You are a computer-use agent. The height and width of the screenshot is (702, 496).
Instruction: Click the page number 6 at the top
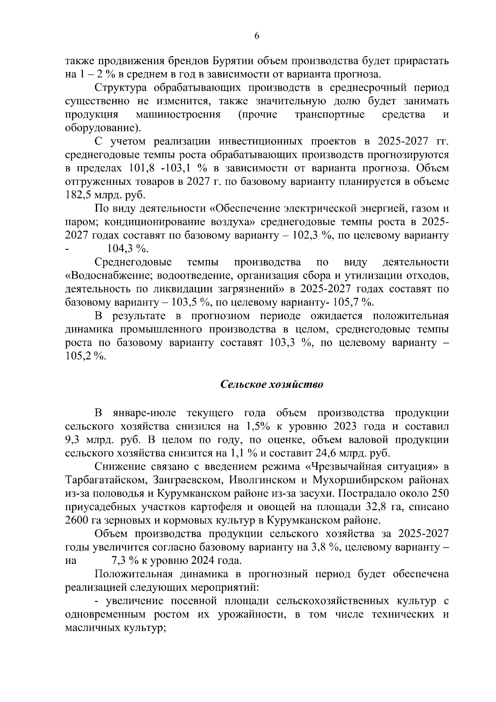pyautogui.click(x=256, y=36)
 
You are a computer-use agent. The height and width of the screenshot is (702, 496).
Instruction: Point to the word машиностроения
pyautogui.click(x=178, y=115)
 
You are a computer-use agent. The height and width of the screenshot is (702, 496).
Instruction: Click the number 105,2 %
pyautogui.click(x=86, y=356)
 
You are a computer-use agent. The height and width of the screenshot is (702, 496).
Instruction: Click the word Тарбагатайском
pyautogui.click(x=105, y=480)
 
